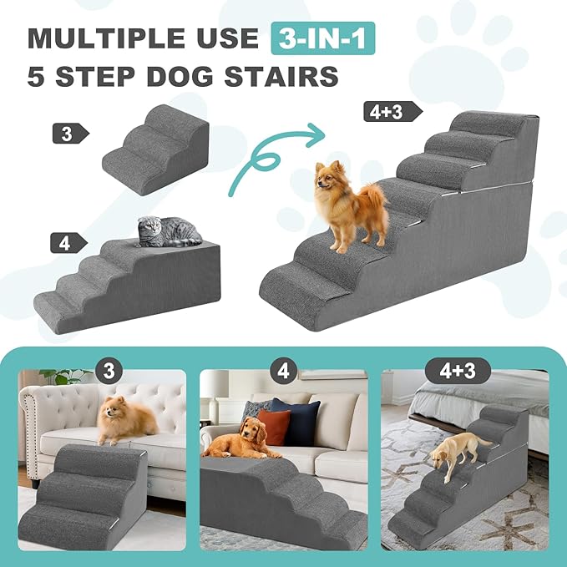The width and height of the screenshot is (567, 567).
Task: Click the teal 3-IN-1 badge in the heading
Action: pyautogui.click(x=322, y=38)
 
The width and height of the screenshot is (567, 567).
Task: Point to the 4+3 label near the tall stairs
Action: pyautogui.click(x=389, y=111)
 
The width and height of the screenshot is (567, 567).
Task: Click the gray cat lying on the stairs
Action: pyautogui.click(x=168, y=230)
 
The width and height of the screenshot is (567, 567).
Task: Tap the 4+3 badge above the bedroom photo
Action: pyautogui.click(x=456, y=370)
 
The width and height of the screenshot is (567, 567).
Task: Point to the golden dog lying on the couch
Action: pyautogui.click(x=243, y=439)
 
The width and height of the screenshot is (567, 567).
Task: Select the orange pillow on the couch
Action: pyautogui.click(x=272, y=427)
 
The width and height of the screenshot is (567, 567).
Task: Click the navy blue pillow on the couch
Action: pyautogui.click(x=298, y=420)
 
